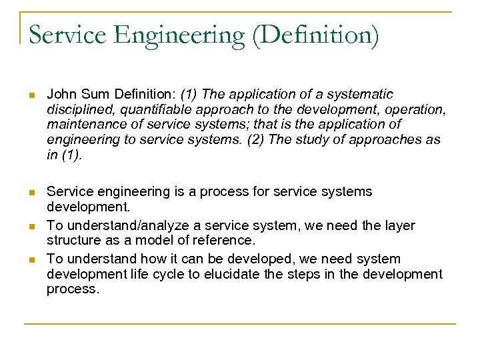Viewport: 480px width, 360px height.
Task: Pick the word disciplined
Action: (75, 109)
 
